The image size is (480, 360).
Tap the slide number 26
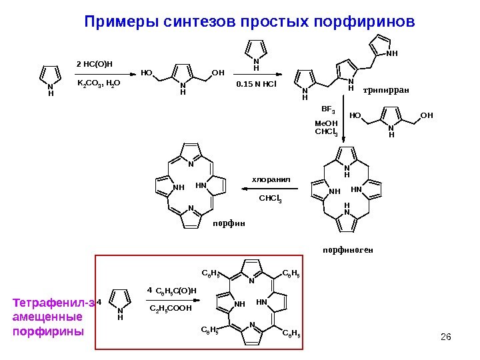(x=447, y=335)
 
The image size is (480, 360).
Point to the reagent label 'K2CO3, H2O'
(x=95, y=85)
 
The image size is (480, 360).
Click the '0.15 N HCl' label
(x=256, y=85)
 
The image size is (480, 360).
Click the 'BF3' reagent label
(x=328, y=108)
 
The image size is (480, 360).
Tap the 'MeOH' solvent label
(x=326, y=123)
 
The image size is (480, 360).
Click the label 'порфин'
(x=229, y=223)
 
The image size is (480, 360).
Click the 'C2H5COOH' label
(x=170, y=309)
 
